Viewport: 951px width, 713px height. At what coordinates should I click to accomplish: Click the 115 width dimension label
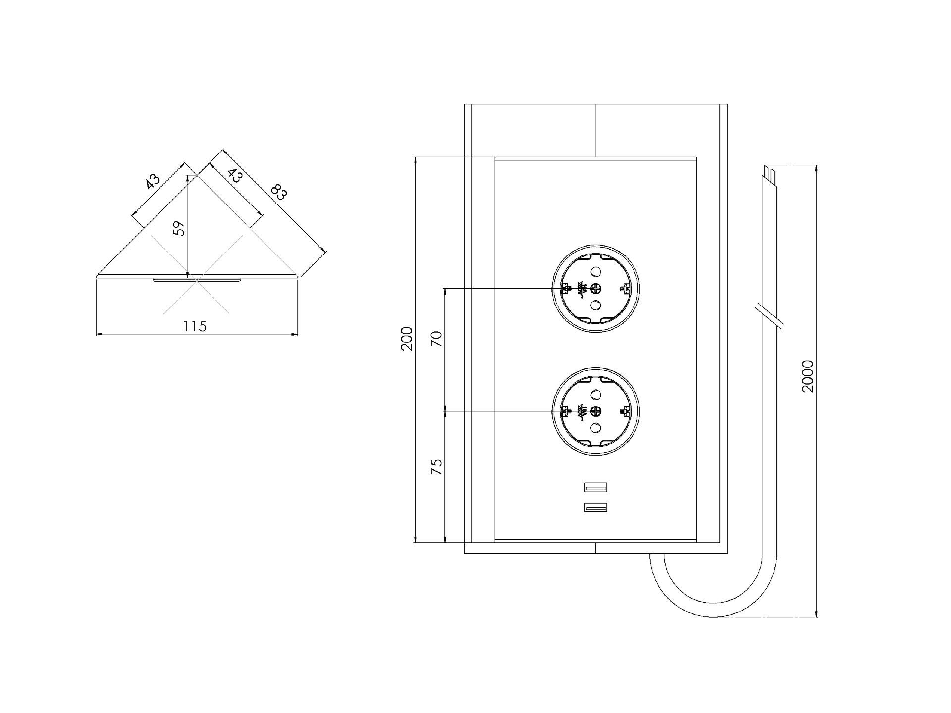[x=195, y=326]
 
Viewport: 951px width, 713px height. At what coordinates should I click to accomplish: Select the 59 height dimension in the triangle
[x=180, y=228]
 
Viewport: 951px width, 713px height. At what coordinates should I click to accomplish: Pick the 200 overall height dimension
[x=407, y=339]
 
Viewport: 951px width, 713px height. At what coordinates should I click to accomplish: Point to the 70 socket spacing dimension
[x=436, y=339]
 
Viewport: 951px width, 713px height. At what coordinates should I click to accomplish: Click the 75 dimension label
[x=436, y=467]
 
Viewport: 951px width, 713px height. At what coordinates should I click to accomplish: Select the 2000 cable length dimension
[x=808, y=376]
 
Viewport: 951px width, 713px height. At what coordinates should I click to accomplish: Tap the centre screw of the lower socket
[x=596, y=411]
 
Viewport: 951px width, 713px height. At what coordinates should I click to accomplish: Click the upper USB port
[x=596, y=487]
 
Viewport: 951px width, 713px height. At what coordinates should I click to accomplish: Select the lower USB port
[x=596, y=508]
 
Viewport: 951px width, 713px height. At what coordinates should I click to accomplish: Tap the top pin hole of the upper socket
[x=596, y=271]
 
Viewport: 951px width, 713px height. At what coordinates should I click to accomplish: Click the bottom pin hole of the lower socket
[x=596, y=428]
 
